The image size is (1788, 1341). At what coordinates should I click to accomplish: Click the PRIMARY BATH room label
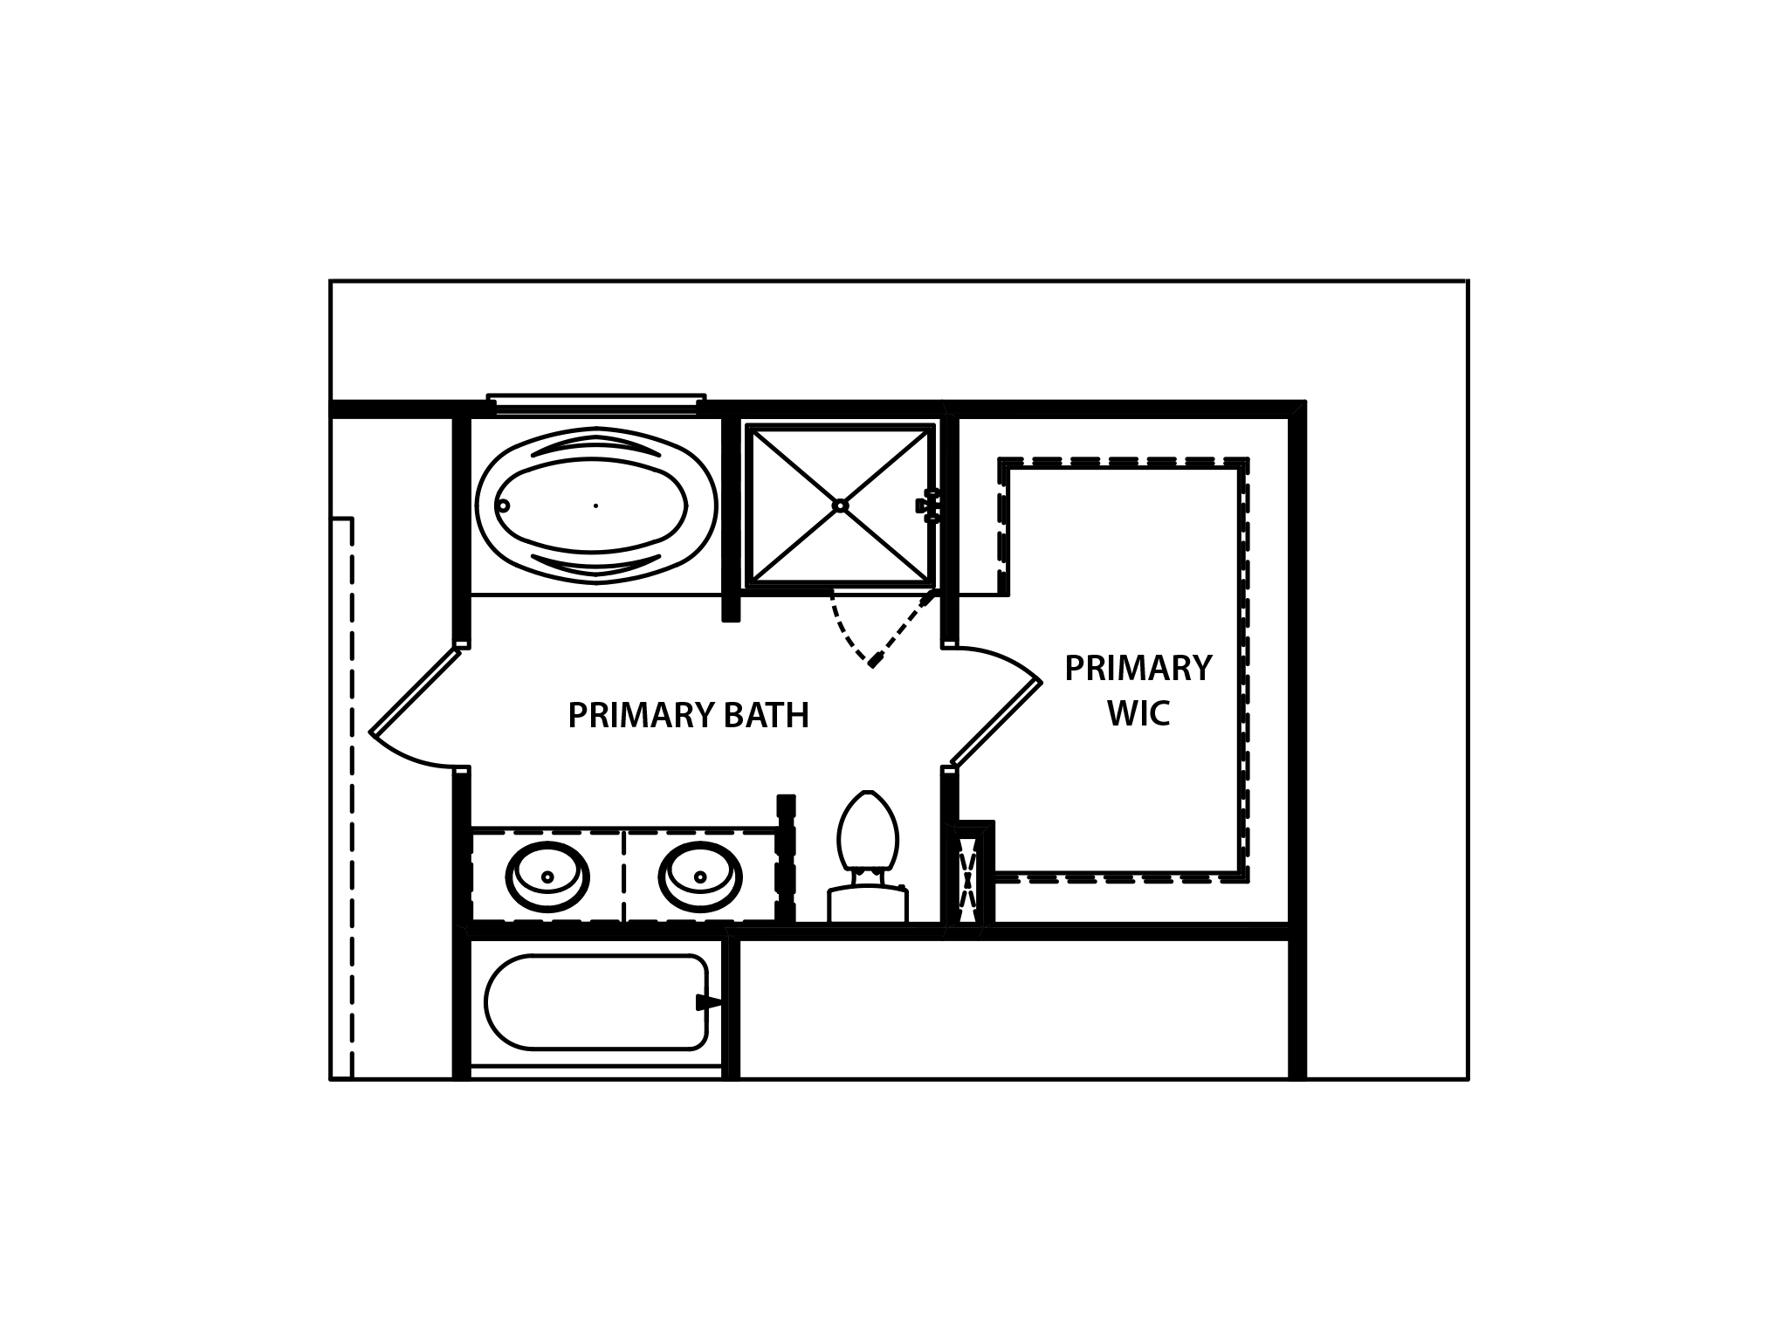[688, 716]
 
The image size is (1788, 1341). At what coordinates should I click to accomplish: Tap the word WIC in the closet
[1138, 714]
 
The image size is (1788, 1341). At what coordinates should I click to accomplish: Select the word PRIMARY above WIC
[1138, 669]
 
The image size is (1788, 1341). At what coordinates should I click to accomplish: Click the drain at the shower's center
[840, 505]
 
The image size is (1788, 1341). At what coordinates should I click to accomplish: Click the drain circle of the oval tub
[503, 505]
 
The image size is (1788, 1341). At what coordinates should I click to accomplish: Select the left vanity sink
[547, 877]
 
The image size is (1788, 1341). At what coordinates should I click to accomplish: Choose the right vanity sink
[700, 877]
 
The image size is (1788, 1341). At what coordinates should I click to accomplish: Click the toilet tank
[868, 904]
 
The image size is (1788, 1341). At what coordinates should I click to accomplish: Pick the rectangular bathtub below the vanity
[596, 1002]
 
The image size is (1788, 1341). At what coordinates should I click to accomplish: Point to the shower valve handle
[929, 505]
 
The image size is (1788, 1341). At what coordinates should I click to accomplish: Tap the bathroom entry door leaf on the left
[415, 691]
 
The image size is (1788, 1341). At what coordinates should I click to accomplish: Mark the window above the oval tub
[596, 402]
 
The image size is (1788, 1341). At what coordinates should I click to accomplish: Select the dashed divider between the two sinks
[623, 876]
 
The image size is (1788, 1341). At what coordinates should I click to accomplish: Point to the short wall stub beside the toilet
[786, 857]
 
